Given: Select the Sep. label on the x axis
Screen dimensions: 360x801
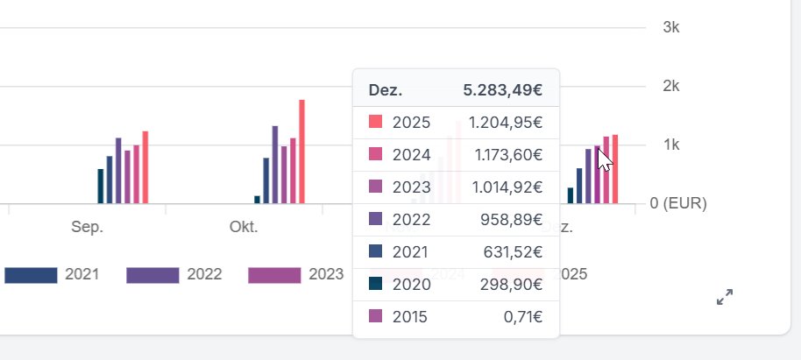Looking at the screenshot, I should [87, 227].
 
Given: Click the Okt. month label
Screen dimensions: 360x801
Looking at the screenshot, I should [243, 227].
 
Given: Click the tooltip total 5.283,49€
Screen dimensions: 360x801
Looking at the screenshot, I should [502, 90].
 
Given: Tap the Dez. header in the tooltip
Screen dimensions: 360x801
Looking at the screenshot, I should [385, 90].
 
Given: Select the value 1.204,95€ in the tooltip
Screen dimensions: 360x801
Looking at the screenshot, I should [504, 122].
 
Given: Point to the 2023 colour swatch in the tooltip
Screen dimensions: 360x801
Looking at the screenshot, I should [375, 186].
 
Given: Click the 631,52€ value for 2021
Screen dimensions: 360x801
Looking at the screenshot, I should [513, 252].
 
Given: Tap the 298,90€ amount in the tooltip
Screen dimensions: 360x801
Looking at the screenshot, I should [513, 284].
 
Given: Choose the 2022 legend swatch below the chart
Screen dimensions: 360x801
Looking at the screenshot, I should [152, 275].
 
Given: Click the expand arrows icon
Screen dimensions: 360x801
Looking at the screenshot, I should [724, 298].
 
